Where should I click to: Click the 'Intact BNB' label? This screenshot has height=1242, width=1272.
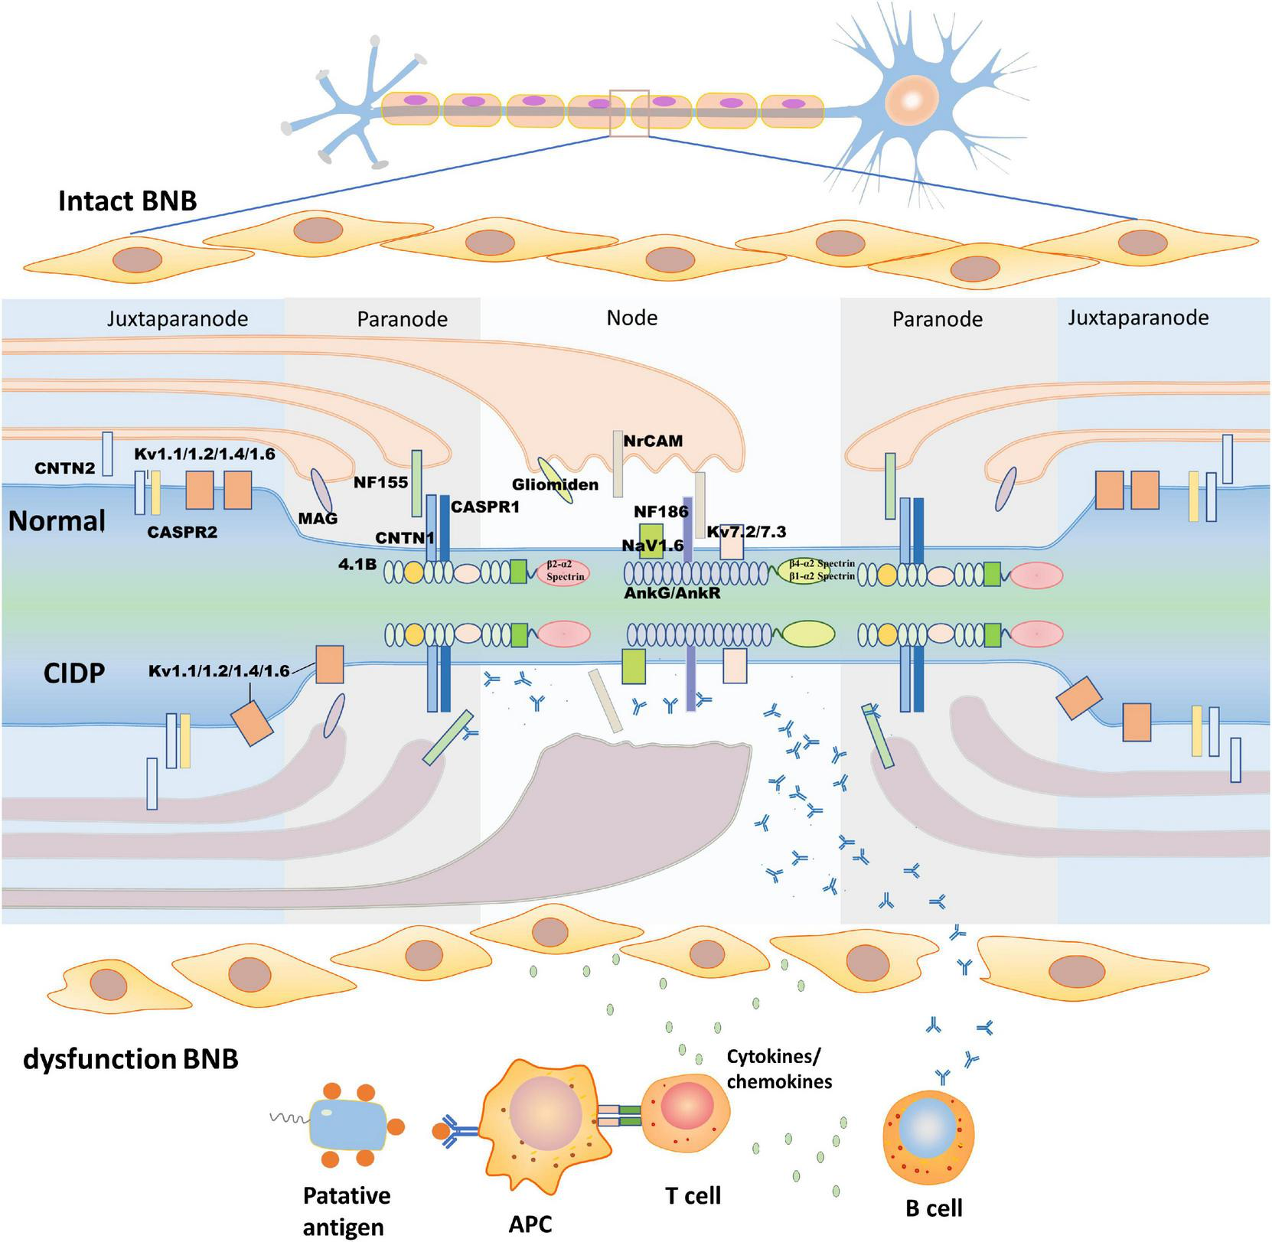click(x=128, y=201)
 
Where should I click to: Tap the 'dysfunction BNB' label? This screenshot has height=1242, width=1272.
click(x=131, y=1059)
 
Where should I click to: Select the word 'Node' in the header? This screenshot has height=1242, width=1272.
click(x=632, y=318)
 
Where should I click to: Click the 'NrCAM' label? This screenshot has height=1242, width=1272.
click(x=653, y=441)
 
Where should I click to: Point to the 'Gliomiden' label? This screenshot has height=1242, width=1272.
click(x=555, y=484)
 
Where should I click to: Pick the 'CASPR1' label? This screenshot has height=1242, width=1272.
click(x=485, y=507)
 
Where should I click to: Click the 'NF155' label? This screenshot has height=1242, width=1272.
click(x=380, y=482)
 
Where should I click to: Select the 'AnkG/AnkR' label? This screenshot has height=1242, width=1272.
click(x=673, y=592)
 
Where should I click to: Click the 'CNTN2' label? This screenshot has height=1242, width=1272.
click(x=65, y=468)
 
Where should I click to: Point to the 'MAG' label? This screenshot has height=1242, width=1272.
click(x=318, y=518)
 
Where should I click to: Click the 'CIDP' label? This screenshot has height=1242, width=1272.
click(x=74, y=673)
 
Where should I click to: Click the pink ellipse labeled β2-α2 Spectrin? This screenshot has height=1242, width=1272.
click(x=564, y=572)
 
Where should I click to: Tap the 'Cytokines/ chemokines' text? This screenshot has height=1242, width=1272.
click(x=778, y=1069)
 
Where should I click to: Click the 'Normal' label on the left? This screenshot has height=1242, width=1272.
click(x=57, y=521)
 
